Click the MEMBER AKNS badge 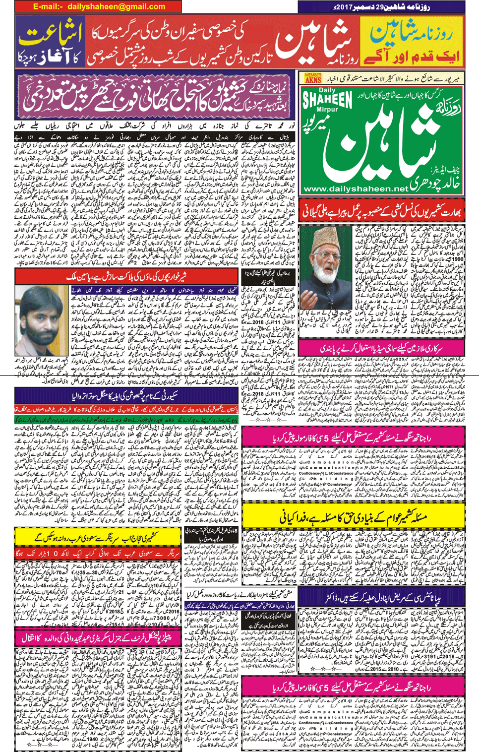click(313, 78)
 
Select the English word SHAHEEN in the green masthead click(328, 99)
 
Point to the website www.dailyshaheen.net click(356, 188)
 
